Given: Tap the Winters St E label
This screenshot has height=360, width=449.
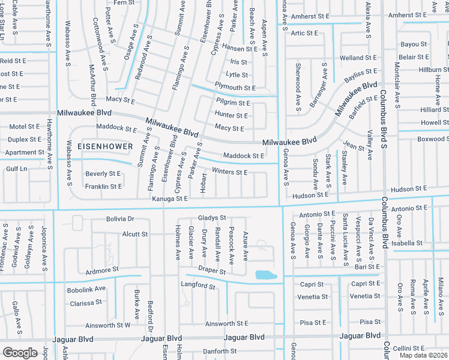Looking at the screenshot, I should pyautogui.click(x=229, y=173).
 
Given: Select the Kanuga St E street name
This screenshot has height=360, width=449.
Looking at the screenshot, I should pyautogui.click(x=170, y=199).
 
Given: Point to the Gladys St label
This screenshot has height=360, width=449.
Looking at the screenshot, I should pyautogui.click(x=212, y=218).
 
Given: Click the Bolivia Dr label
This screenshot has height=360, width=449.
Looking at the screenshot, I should pyautogui.click(x=120, y=220).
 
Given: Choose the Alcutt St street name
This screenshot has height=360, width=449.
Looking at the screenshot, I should pyautogui.click(x=134, y=234).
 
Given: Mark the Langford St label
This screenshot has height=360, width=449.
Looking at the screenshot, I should pyautogui.click(x=198, y=287).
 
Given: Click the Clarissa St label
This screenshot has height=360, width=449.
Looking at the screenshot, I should pyautogui.click(x=86, y=304).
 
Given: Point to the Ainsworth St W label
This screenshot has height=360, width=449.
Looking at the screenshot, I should pyautogui.click(x=109, y=326).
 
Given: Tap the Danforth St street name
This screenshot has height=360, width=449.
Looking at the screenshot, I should pyautogui.click(x=220, y=351).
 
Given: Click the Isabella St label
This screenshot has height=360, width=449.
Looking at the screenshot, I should pyautogui.click(x=408, y=244).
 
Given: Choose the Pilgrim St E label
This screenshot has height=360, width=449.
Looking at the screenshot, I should pyautogui.click(x=233, y=103).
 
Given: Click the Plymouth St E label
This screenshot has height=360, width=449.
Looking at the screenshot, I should pyautogui.click(x=235, y=88).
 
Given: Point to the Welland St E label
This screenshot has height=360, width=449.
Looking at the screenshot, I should pyautogui.click(x=358, y=58).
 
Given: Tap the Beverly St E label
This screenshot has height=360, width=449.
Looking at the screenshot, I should pyautogui.click(x=103, y=174).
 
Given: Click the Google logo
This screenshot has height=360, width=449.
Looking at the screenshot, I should pyautogui.click(x=20, y=353).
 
